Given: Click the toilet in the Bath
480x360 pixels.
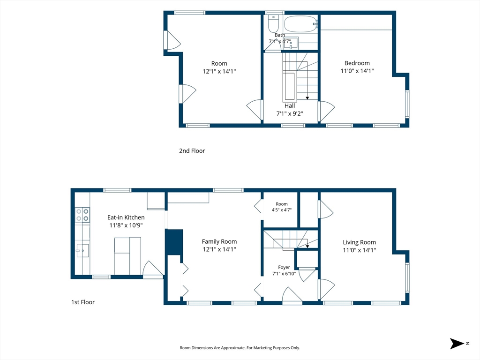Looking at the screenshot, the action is (273, 23).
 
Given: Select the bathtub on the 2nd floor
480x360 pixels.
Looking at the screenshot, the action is (300, 23).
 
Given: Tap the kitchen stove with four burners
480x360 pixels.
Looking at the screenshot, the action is (82, 215).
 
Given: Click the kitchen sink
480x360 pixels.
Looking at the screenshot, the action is (82, 250).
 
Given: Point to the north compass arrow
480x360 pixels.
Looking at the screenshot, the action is (457, 344).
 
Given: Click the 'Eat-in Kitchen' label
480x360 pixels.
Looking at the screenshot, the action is (126, 217).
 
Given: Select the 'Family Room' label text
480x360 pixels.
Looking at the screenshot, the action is (219, 241).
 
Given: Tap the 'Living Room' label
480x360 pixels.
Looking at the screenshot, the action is (360, 242).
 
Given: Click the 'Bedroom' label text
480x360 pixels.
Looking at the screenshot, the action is (357, 63).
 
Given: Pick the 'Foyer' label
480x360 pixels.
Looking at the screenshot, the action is (284, 267).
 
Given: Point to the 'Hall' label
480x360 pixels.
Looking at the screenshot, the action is (290, 105).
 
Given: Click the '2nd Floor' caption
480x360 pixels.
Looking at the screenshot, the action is (192, 150).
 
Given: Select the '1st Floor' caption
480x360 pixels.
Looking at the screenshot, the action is (83, 302).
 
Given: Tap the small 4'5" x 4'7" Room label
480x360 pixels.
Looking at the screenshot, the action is (282, 207).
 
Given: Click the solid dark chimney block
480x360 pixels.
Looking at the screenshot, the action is (174, 242).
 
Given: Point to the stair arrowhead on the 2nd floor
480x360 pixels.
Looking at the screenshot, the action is (307, 98).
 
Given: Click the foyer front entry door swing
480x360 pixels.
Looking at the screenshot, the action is (292, 294).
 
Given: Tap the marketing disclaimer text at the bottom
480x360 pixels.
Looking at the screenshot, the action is (240, 348).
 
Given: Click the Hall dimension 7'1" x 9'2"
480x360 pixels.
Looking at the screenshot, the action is (290, 113).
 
